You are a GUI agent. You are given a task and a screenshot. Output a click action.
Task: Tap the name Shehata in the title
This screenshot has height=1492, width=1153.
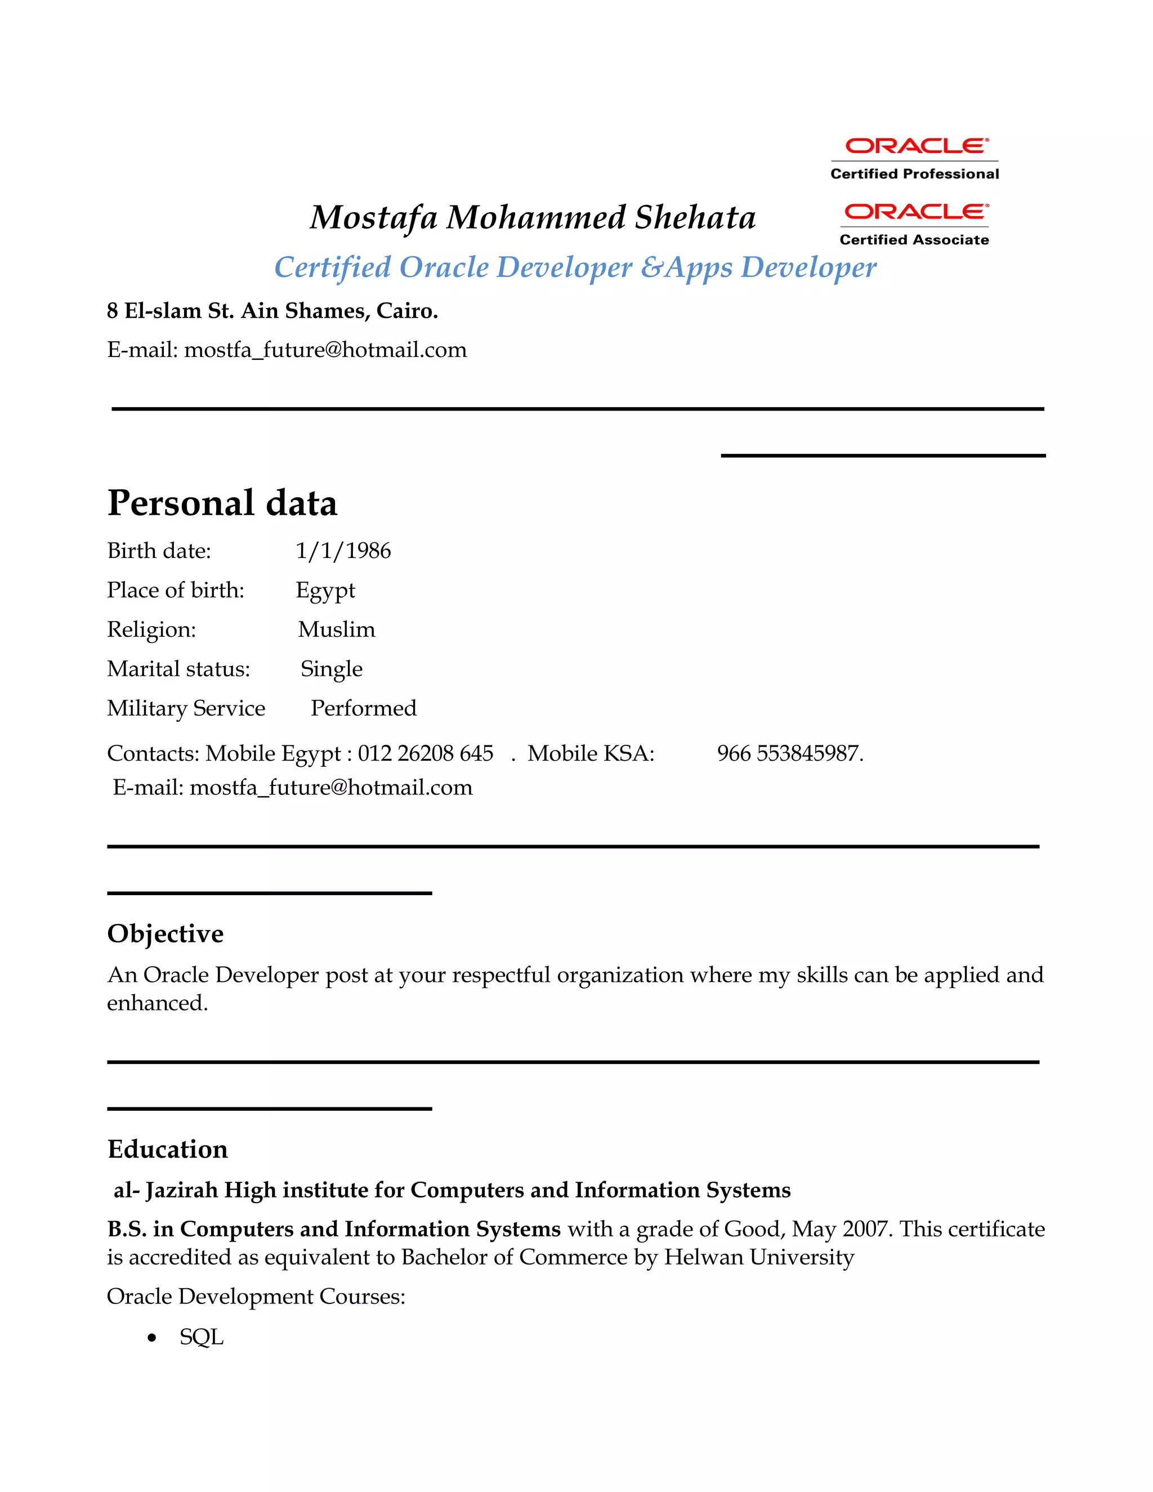point(695,218)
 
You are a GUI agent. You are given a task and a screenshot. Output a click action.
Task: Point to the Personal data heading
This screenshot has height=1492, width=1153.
point(222,503)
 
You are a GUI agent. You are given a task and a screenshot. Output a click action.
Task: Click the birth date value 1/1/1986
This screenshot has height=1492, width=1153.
point(343,551)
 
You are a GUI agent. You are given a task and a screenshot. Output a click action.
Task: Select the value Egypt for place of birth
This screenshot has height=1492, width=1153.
point(325,590)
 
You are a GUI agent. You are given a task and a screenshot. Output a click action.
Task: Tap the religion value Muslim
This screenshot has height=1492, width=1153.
point(337,629)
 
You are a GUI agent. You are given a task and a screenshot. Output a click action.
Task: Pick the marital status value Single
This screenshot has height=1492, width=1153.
point(331,669)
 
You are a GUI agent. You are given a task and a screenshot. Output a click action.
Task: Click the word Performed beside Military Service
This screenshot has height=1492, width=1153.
point(363,708)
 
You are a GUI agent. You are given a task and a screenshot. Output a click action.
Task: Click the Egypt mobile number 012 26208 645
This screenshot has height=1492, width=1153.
point(425,753)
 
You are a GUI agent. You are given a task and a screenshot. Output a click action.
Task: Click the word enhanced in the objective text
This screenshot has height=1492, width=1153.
point(157,1003)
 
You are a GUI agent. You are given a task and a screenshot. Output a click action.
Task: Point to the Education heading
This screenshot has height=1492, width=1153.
point(167,1150)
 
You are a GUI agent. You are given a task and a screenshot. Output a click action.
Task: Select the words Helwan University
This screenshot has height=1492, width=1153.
point(759,1258)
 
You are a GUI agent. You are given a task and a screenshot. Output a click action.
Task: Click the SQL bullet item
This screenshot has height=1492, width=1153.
point(202,1337)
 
